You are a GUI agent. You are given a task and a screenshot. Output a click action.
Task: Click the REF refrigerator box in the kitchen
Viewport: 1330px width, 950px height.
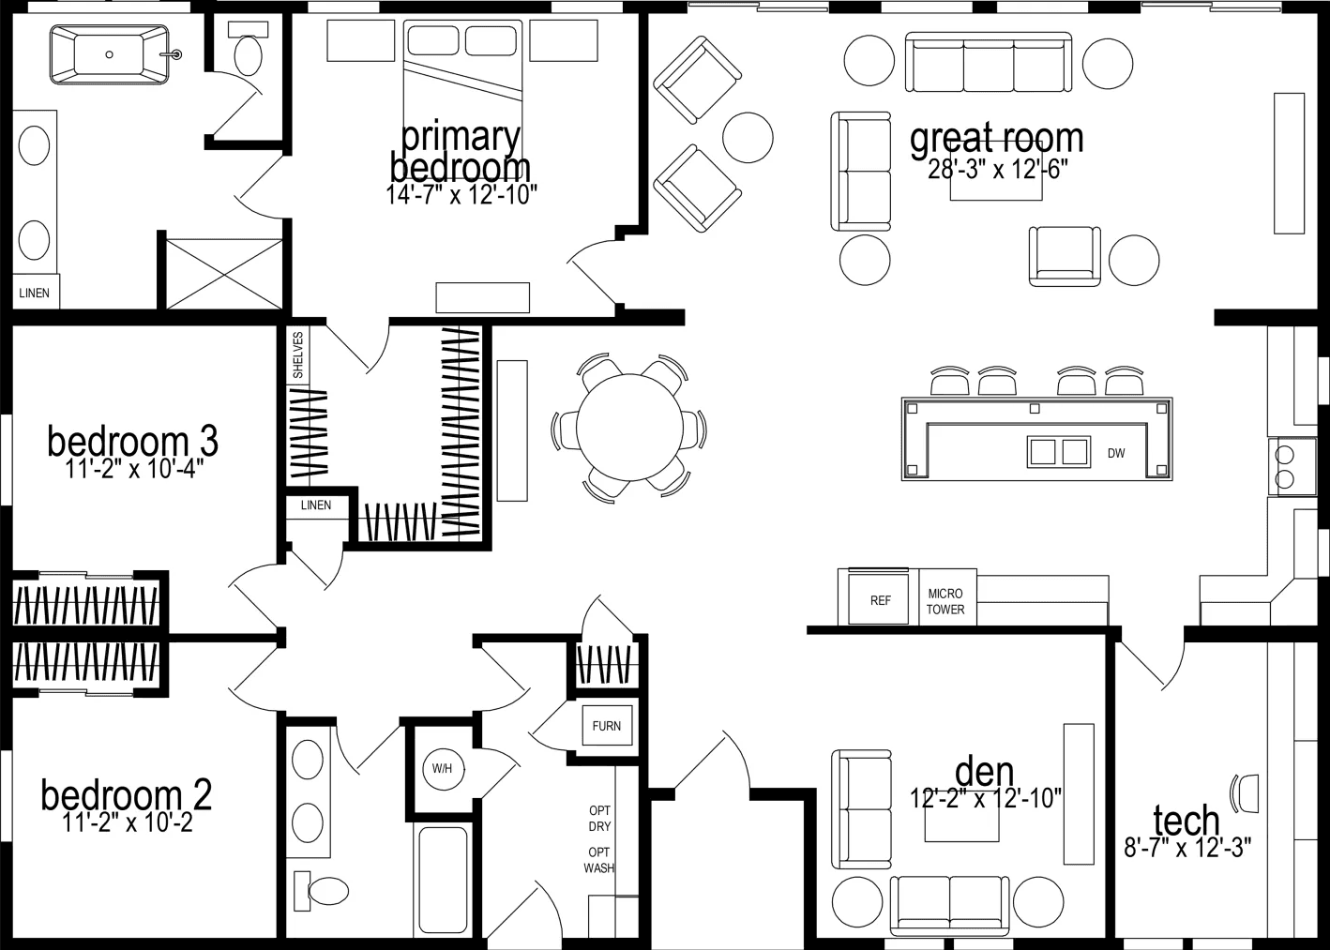click(879, 600)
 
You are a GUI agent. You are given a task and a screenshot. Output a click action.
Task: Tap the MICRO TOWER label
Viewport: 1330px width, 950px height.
click(945, 601)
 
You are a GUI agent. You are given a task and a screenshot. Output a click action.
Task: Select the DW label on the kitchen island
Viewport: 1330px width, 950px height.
click(1116, 454)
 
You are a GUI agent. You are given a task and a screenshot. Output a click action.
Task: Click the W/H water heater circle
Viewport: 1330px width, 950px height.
click(442, 769)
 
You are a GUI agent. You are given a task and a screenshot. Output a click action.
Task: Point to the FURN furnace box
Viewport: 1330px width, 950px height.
click(607, 726)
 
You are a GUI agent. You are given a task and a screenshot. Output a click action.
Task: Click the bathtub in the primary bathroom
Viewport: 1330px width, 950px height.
click(110, 54)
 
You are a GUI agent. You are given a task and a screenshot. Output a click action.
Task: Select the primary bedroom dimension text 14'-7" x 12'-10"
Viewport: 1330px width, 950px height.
click(460, 195)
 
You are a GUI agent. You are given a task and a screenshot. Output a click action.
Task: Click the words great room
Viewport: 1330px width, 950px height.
click(996, 139)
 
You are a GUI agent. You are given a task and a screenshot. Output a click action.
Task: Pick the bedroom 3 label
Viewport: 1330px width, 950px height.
click(132, 440)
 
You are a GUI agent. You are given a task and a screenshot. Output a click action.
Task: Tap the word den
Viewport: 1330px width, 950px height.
click(984, 772)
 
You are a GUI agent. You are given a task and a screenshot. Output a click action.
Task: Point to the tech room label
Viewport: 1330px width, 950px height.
click(1186, 821)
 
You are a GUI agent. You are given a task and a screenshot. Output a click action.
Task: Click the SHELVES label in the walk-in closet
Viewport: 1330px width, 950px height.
click(298, 354)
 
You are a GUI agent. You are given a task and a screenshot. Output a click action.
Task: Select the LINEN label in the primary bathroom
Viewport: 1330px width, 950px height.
click(35, 293)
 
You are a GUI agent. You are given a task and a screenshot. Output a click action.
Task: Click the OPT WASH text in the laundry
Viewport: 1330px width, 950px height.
click(599, 860)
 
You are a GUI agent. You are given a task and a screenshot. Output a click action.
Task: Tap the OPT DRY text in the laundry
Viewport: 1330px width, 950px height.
click(599, 818)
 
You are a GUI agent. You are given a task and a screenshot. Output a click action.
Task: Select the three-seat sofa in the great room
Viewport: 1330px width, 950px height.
click(989, 64)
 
